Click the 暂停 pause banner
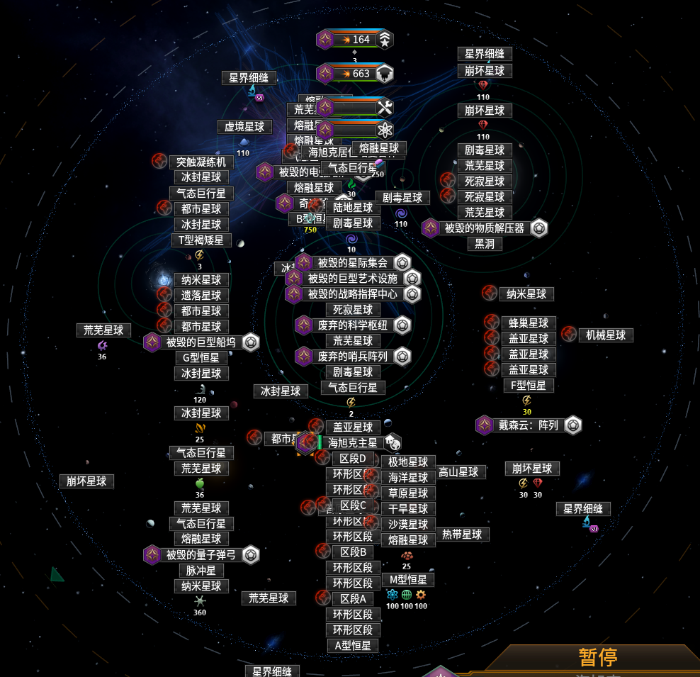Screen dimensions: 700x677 597,657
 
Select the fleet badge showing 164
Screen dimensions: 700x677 354,40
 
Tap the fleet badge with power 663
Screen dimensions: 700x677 354,73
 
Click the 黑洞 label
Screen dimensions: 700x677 485,244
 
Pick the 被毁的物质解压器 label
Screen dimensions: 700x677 485,228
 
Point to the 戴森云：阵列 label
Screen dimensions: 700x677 529,425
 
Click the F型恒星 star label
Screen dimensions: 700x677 529,386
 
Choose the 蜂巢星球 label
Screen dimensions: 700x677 529,323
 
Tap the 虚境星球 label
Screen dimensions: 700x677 244,127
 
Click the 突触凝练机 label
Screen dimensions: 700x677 201,162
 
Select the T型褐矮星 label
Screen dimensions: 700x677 201,240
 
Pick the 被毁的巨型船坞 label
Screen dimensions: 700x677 201,342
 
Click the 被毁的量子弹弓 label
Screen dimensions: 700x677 201,555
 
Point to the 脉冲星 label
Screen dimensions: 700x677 201,571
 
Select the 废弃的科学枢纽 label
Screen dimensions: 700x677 353,325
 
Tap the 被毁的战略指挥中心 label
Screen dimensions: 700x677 353,294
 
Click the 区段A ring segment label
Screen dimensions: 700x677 353,599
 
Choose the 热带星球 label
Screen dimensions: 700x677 462,535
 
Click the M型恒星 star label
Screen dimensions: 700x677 408,580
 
